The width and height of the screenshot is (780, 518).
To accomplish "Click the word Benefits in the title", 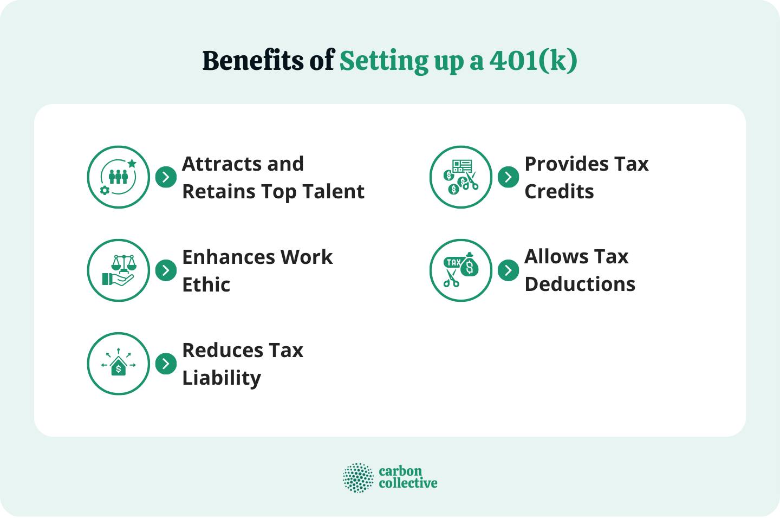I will [253, 61].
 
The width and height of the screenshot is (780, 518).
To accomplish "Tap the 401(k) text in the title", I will [533, 61].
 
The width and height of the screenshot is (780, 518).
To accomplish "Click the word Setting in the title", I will [384, 62].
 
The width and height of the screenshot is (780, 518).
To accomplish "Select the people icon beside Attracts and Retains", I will [119, 177].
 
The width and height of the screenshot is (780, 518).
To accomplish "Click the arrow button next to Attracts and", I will [166, 177].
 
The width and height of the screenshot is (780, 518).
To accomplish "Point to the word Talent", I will [333, 191].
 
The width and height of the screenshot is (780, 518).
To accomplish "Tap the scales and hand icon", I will [119, 270].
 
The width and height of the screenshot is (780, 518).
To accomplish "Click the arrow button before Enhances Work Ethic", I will [166, 270].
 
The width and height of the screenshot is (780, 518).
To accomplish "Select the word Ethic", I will [206, 284].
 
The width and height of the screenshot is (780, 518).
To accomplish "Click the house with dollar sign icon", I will [119, 364].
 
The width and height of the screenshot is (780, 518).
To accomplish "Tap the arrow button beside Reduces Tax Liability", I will [166, 364].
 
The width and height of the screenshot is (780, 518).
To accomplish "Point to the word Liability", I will [222, 378].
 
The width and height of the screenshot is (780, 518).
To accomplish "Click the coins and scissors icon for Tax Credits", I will [461, 177].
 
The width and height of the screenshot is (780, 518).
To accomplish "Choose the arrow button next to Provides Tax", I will [508, 177].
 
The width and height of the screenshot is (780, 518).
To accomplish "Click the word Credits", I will [559, 191].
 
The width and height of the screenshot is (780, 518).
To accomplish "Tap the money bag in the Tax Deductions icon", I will [469, 266].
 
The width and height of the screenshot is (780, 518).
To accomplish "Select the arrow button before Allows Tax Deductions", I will [508, 270].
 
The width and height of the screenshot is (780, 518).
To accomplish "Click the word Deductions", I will [580, 284].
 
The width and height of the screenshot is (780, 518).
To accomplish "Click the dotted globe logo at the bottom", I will [358, 478].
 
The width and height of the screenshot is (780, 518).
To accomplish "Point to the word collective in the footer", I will [408, 483].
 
